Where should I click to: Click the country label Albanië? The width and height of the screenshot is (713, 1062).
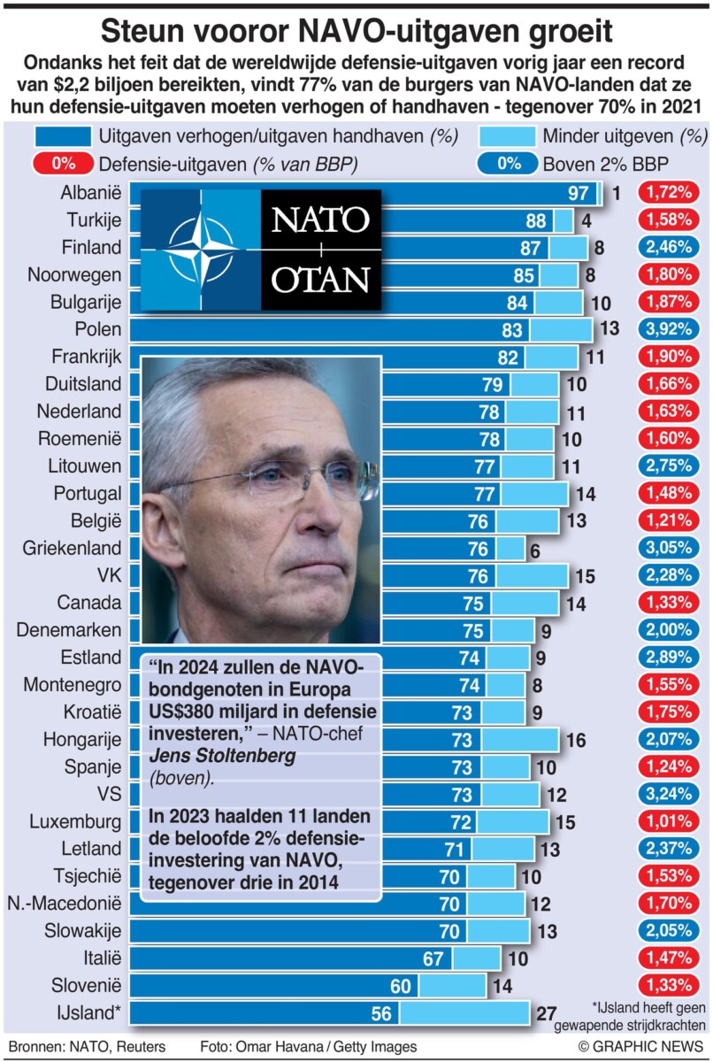click(91, 193)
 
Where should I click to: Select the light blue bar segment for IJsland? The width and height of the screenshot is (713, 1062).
click(464, 1013)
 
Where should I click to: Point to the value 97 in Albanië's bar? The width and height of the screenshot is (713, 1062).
click(579, 193)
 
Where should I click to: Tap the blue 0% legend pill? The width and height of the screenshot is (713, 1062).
click(507, 164)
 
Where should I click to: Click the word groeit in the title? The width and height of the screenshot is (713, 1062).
click(563, 32)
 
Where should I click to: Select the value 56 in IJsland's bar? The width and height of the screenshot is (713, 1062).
click(381, 1013)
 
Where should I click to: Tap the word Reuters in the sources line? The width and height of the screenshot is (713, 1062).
click(136, 1046)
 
